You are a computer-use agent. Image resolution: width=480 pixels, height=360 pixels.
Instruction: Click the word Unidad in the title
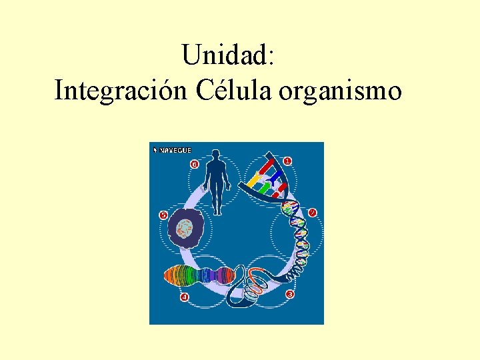[x=227, y=55]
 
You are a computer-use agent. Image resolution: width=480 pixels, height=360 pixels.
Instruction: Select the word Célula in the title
[x=234, y=90]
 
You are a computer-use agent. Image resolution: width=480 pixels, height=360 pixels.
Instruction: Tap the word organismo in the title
[x=341, y=90]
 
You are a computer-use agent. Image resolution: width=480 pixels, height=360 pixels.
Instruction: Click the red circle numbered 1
[x=287, y=161]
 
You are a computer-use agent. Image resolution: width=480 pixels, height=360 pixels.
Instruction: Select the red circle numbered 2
[x=312, y=213]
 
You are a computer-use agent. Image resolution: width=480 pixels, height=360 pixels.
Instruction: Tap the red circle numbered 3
[x=289, y=294]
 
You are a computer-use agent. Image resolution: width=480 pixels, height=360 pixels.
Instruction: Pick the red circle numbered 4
[x=185, y=296]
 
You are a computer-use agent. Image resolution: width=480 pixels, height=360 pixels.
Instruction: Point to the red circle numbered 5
[x=163, y=215]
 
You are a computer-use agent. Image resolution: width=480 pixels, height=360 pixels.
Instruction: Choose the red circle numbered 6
[x=194, y=163]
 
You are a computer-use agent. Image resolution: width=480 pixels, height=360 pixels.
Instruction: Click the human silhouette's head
[x=215, y=155]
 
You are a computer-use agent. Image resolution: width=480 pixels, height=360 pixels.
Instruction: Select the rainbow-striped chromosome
[x=197, y=275]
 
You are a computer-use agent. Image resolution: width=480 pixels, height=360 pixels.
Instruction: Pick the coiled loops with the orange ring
[x=254, y=287]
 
